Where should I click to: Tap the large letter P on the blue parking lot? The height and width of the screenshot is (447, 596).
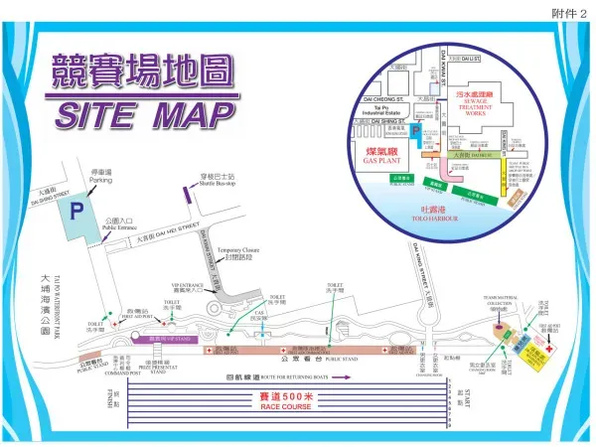click(x=75, y=211)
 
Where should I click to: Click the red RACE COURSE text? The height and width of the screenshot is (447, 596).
click(x=286, y=406)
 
